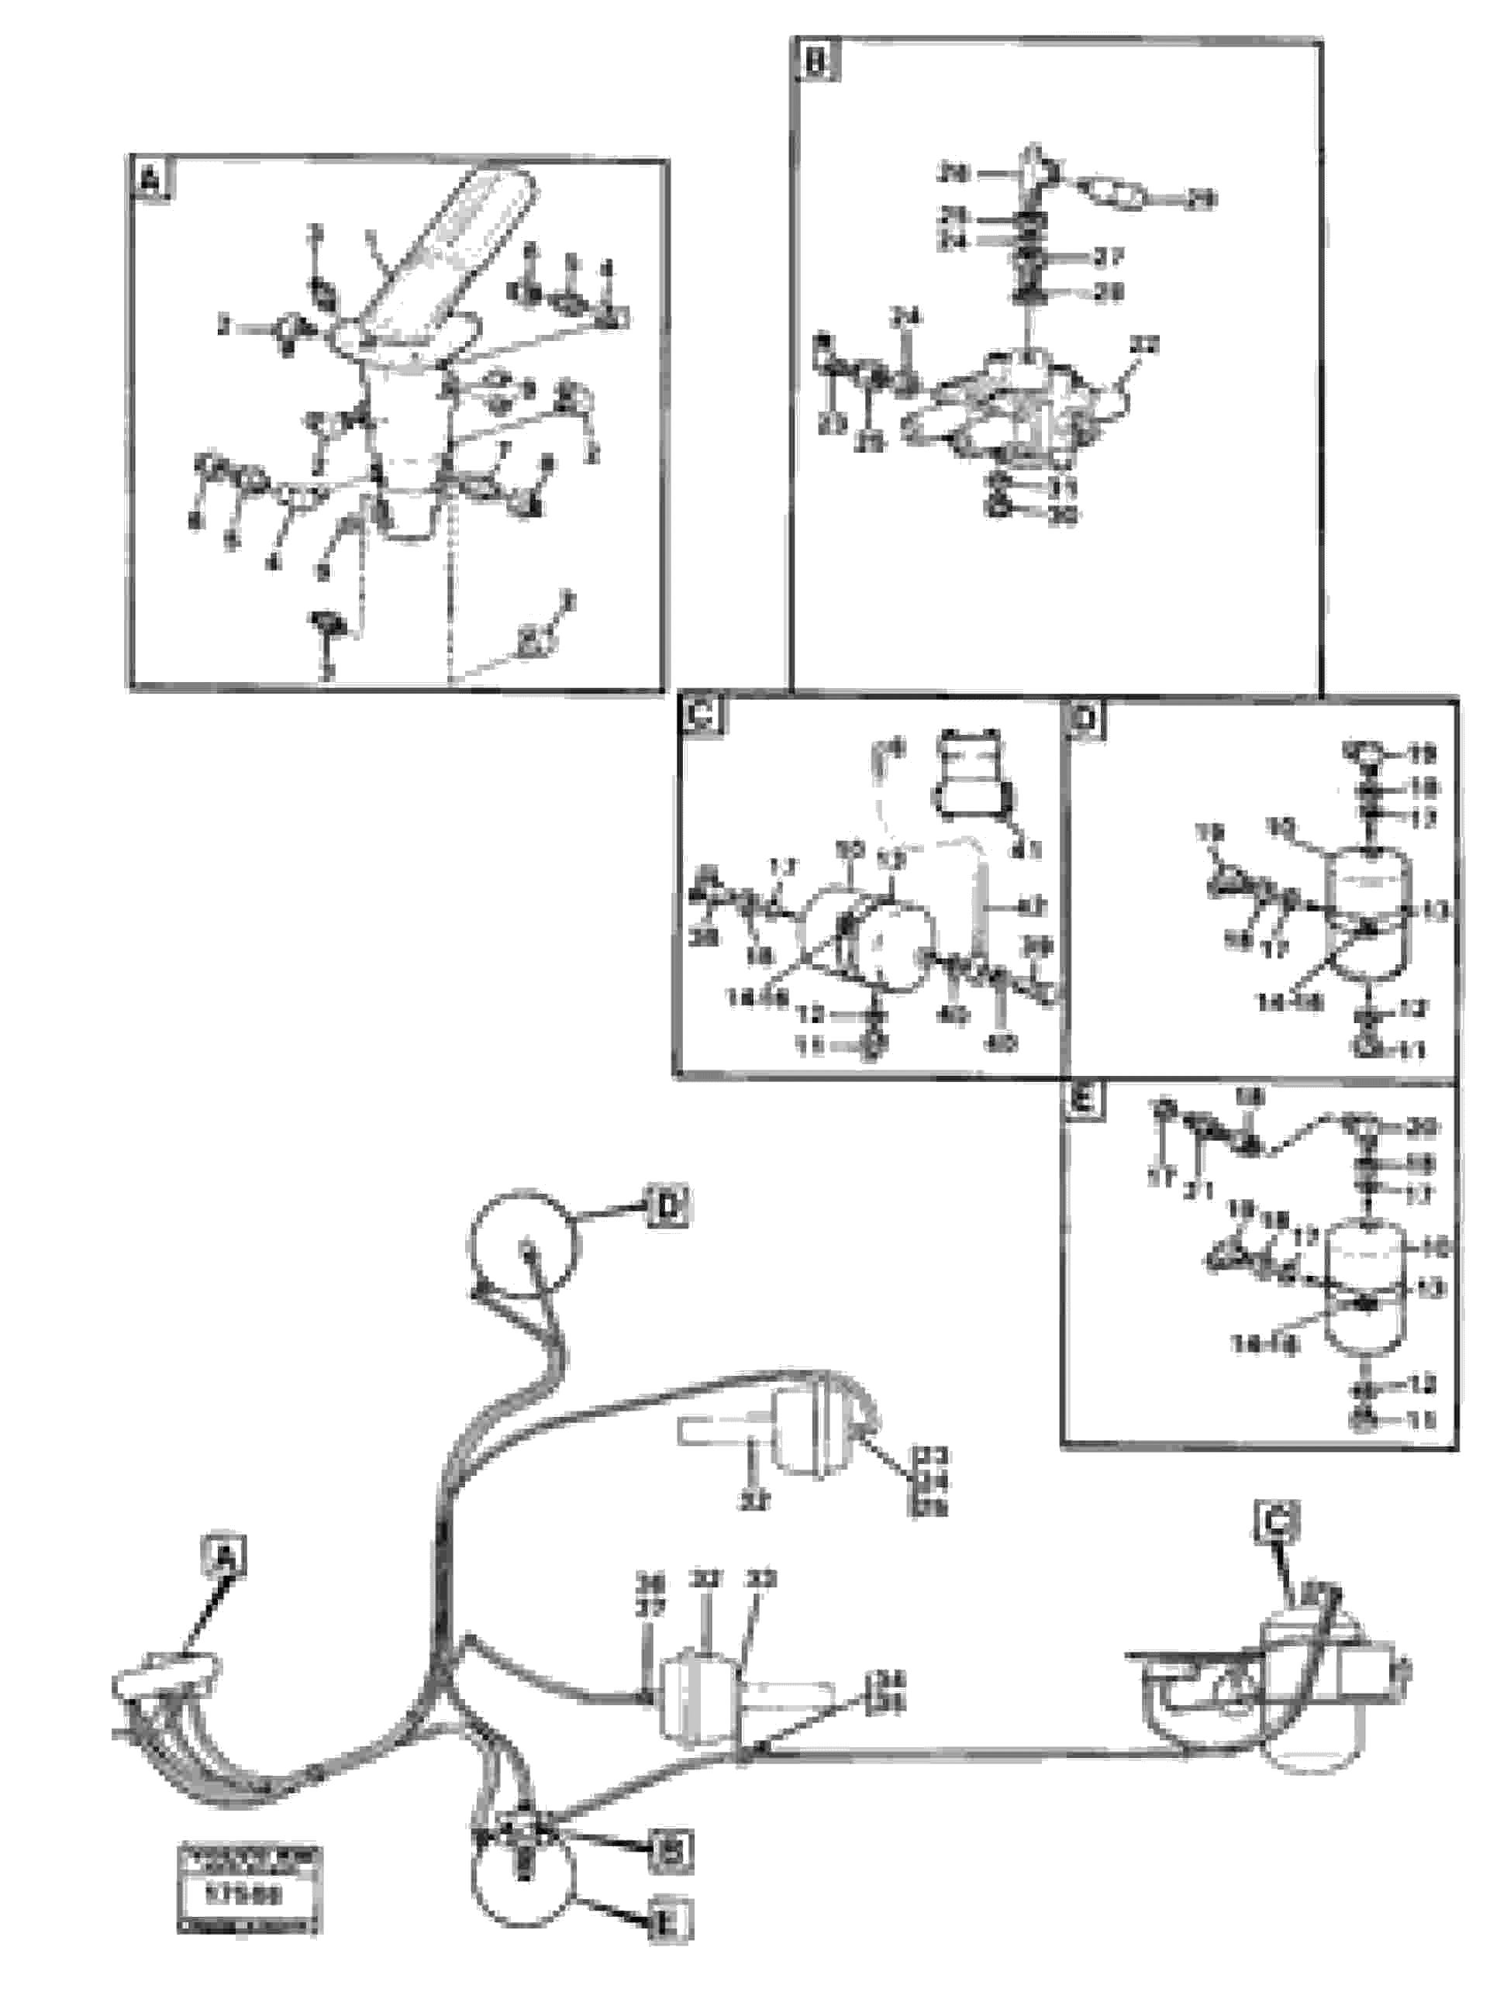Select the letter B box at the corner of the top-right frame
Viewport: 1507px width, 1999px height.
pyautogui.click(x=815, y=64)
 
